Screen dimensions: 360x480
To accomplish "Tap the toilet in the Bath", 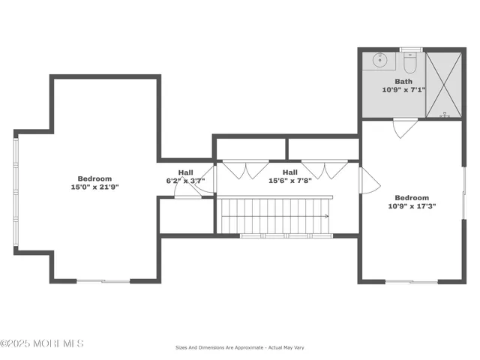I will coord(409,62).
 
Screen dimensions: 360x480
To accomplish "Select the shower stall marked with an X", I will coord(445,84).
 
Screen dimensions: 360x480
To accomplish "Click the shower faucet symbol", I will coord(445,115).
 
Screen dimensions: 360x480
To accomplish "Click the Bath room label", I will coord(403,81).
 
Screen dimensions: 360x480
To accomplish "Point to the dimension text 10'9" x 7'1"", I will coord(403,89).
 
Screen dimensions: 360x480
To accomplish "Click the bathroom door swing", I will coord(405,128).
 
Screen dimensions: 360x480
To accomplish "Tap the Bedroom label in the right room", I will coord(412,198).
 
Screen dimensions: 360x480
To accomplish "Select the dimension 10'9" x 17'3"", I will coord(412,206).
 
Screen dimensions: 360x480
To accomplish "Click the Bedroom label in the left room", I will coord(94,178).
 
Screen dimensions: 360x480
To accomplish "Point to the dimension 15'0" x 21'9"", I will coord(94,187).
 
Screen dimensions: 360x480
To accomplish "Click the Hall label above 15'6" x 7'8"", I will coord(289,172).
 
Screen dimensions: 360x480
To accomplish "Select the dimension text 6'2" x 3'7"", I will coord(185,181).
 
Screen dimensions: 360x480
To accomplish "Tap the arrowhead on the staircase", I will coord(326,216).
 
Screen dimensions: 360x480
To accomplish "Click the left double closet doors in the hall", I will coord(247,169).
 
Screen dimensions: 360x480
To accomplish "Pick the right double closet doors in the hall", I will coord(324,169).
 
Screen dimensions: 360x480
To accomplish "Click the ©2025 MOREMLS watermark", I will coord(42,343).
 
